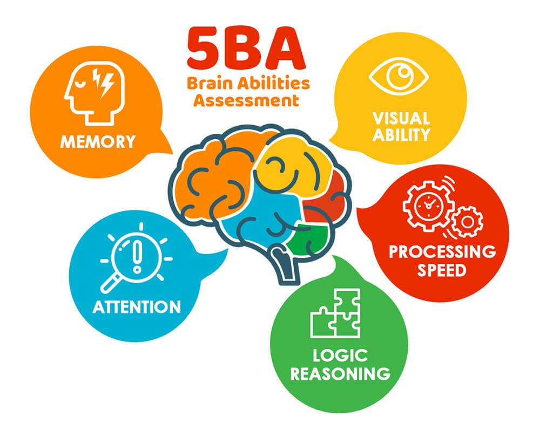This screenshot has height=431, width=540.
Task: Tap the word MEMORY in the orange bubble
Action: (x=97, y=142)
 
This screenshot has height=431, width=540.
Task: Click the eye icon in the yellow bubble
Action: (x=399, y=77)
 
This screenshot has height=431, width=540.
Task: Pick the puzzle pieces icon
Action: (x=335, y=313)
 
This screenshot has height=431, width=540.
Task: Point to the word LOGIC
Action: (x=340, y=355)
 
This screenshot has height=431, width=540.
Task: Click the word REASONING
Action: (x=340, y=373)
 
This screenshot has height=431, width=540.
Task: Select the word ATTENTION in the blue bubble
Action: (x=137, y=307)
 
